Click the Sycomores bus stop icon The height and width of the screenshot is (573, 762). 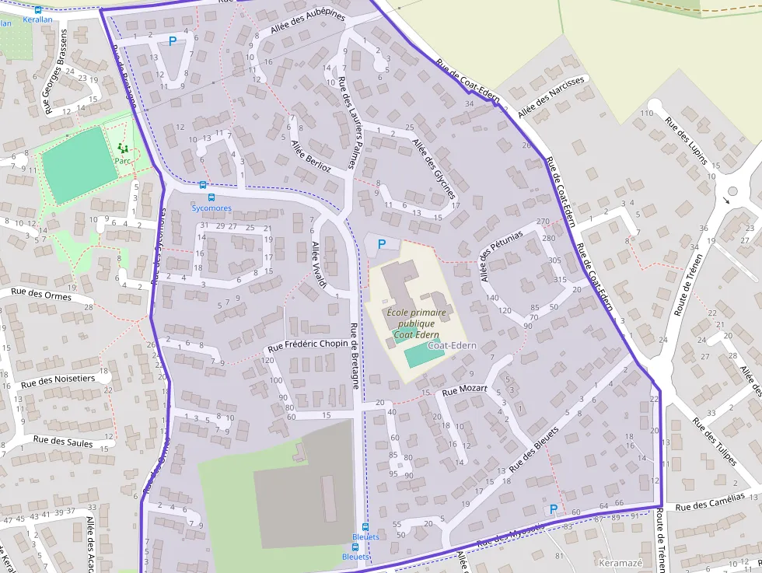click(203, 185)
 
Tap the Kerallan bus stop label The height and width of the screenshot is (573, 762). click(6, 23)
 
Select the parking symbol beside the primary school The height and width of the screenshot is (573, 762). click(381, 244)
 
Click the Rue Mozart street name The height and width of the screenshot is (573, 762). click(464, 389)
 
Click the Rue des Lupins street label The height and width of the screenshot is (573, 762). click(687, 140)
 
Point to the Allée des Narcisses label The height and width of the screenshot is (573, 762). click(551, 96)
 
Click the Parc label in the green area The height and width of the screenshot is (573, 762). click(122, 160)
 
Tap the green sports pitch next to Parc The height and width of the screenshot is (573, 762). click(75, 155)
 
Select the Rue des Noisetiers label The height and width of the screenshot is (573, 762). click(58, 380)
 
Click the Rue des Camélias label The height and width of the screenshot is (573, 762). click(710, 501)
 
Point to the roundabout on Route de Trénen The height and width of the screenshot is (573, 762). click(732, 192)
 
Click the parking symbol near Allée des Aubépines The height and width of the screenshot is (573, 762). click(173, 40)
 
